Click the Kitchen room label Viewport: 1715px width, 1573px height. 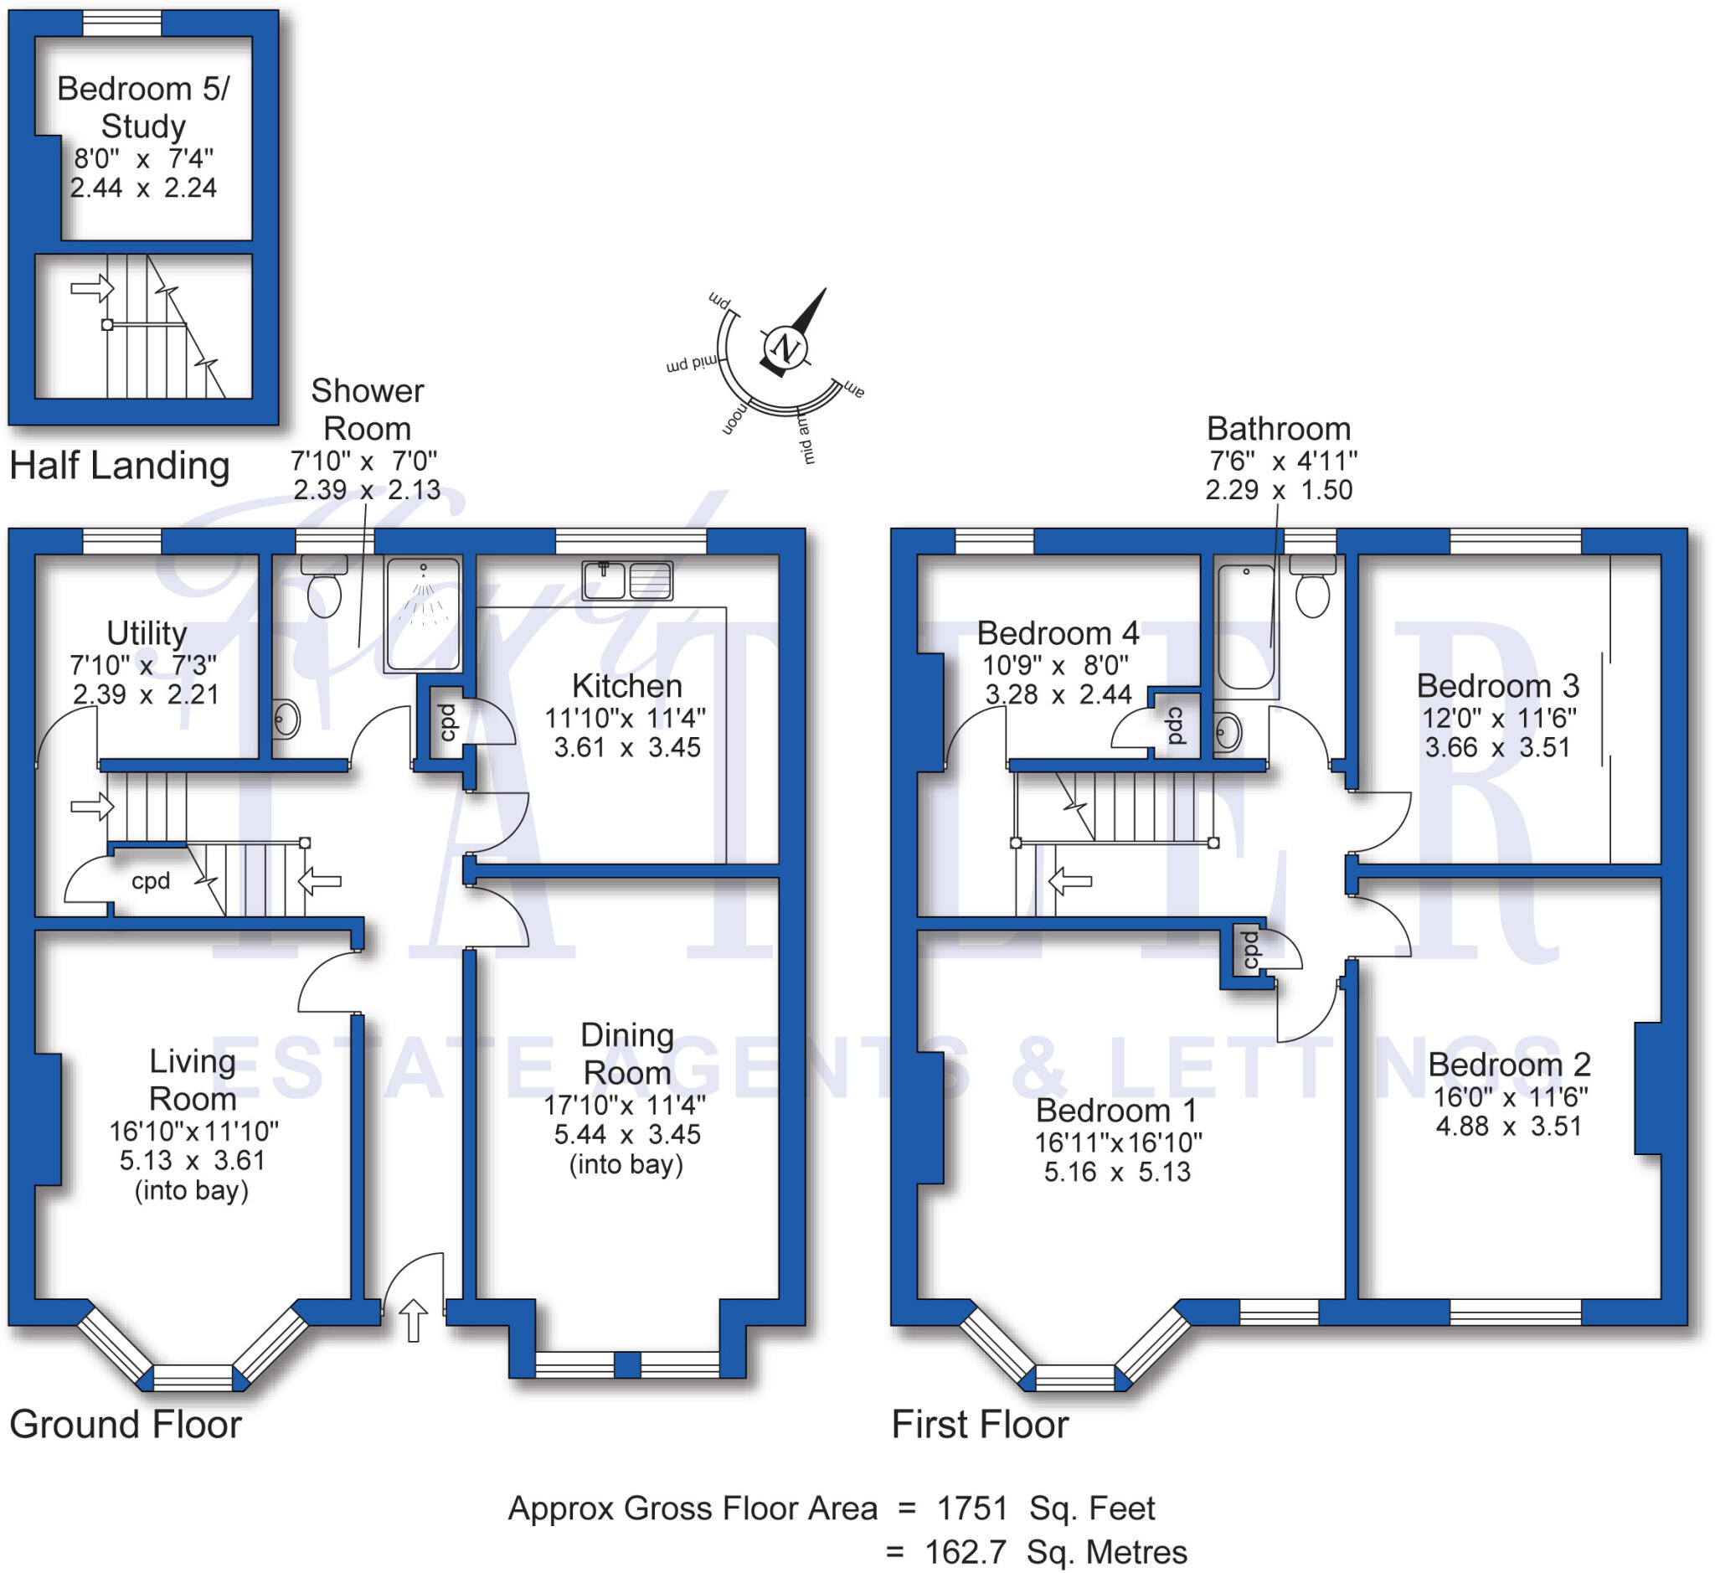(x=626, y=686)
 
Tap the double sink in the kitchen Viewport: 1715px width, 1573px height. (x=627, y=580)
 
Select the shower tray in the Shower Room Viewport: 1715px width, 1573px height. (x=423, y=613)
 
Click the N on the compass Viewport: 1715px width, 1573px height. (x=785, y=348)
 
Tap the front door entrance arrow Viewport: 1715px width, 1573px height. (x=414, y=1320)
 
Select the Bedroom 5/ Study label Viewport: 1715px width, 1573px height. (x=143, y=107)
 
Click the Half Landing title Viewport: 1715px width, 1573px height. (x=119, y=466)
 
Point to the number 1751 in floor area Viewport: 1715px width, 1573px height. (x=972, y=1509)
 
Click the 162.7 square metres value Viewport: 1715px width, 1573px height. (x=966, y=1552)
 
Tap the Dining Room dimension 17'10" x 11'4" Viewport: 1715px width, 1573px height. (x=625, y=1106)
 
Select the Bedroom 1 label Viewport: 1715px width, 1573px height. (x=1115, y=1111)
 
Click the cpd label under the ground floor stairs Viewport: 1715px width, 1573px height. (x=151, y=881)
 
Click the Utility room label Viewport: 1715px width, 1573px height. (x=147, y=633)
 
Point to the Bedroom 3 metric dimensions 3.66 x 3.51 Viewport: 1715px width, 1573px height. (x=1497, y=747)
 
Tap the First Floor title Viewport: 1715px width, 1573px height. (x=980, y=1424)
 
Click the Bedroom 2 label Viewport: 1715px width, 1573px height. (x=1509, y=1065)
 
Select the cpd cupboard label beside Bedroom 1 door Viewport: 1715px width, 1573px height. (x=1250, y=950)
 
